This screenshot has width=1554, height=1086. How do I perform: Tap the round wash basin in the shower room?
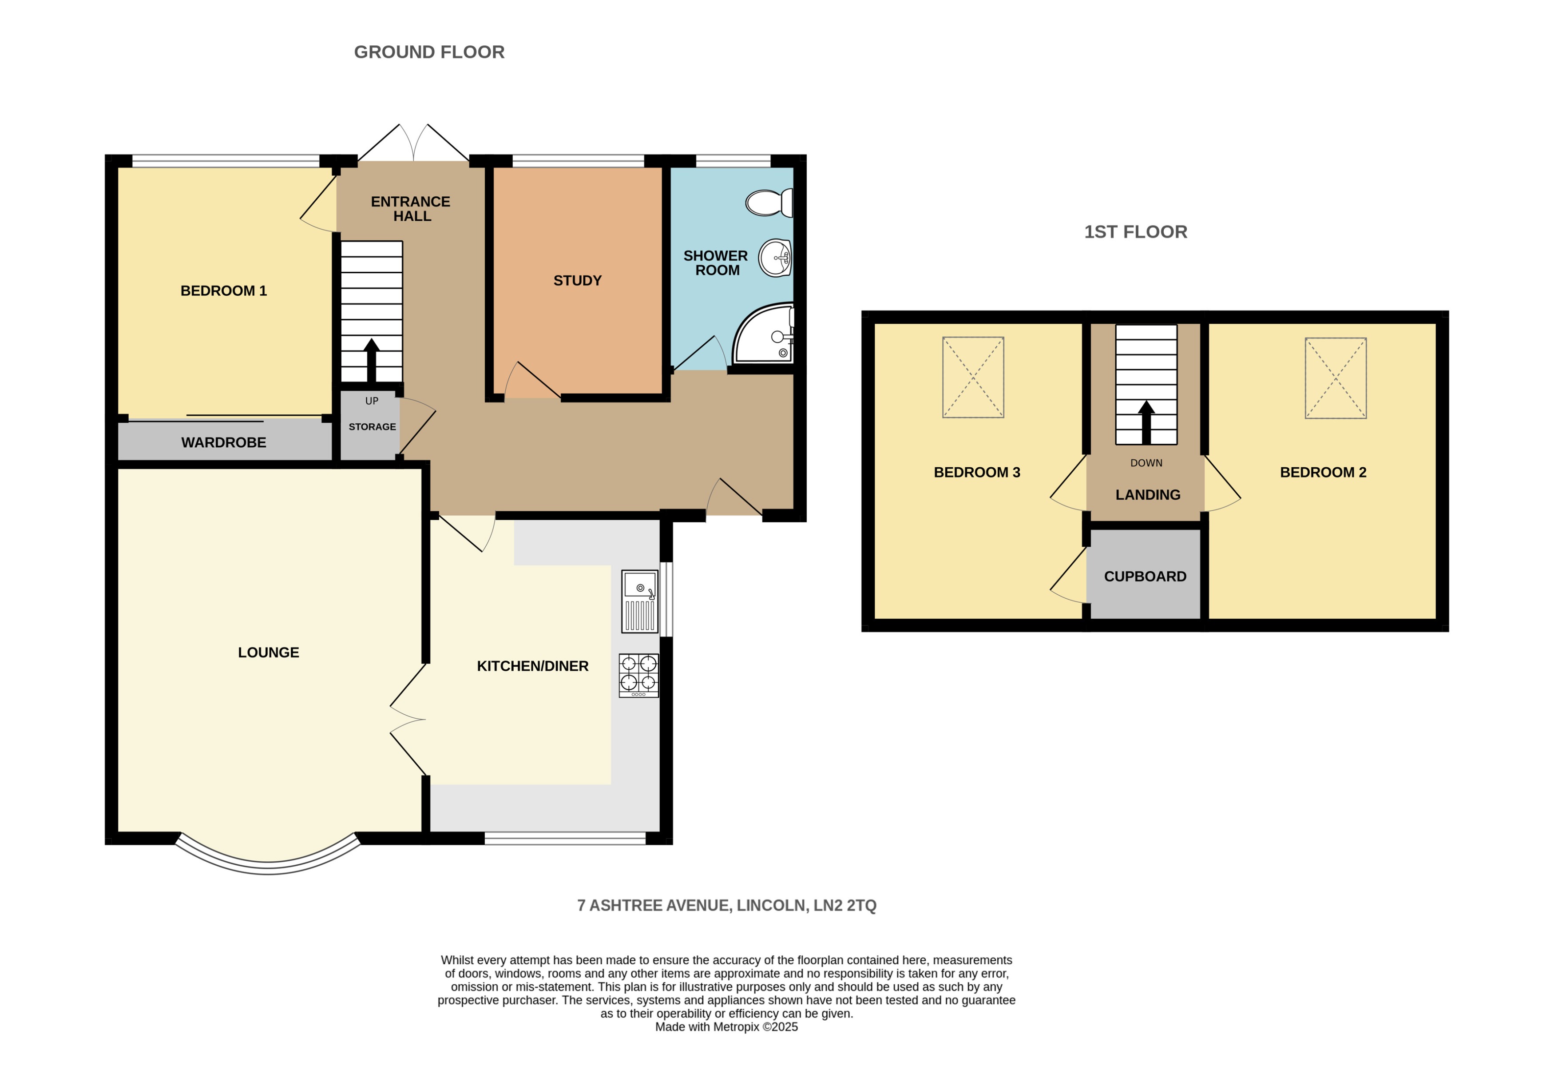pyautogui.click(x=775, y=258)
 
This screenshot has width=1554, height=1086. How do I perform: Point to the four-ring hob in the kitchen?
pyautogui.click(x=638, y=675)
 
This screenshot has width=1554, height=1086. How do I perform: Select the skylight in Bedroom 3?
pyautogui.click(x=973, y=377)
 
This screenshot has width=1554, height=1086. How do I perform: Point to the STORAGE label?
pyautogui.click(x=372, y=426)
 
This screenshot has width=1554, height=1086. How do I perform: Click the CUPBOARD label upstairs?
pyautogui.click(x=1145, y=576)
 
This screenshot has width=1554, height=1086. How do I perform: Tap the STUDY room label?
pyautogui.click(x=577, y=280)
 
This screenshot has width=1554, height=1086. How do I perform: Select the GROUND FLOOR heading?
pyautogui.click(x=429, y=52)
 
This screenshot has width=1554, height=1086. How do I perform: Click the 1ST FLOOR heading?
pyautogui.click(x=1135, y=231)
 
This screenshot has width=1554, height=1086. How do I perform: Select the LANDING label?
pyautogui.click(x=1147, y=495)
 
